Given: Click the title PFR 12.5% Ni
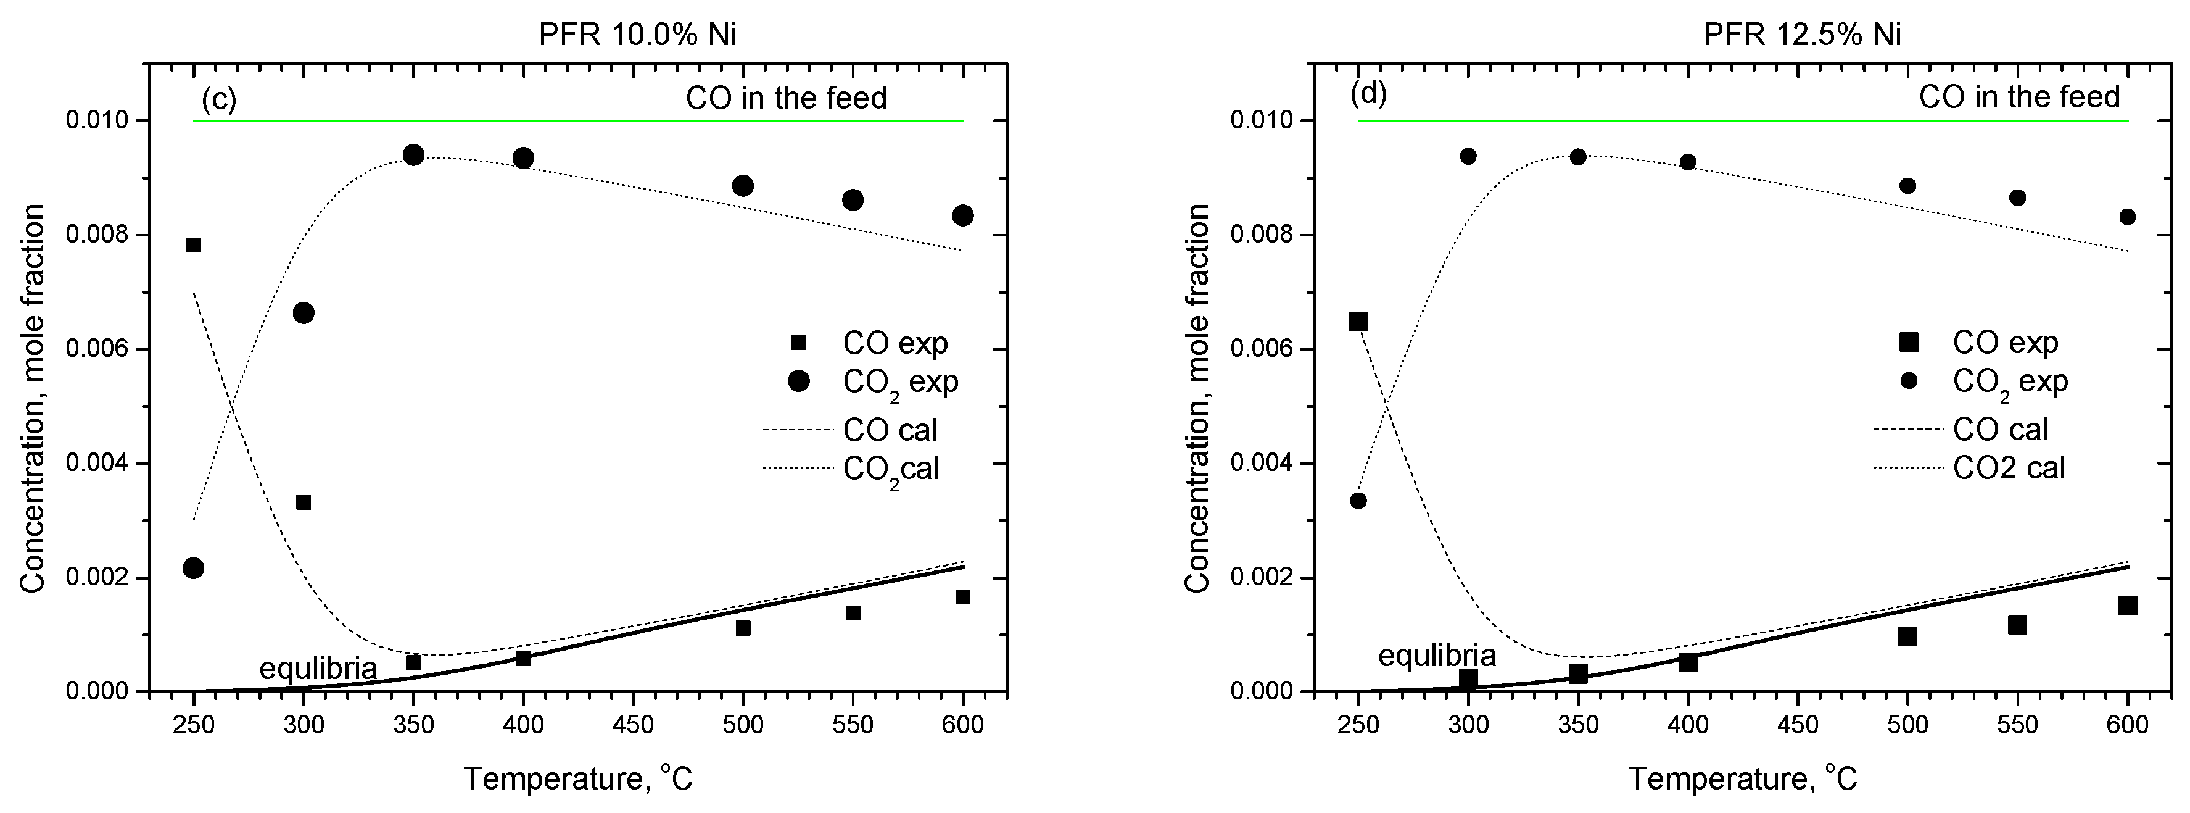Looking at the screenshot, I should (1803, 35).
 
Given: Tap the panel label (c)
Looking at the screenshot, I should (218, 99).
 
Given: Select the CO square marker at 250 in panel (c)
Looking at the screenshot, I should (194, 245).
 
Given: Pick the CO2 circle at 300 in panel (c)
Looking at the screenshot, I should (304, 313).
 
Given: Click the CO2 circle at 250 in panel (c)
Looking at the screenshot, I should (194, 568).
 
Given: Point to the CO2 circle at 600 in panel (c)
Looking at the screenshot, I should (963, 215).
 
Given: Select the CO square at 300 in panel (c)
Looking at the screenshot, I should (304, 502).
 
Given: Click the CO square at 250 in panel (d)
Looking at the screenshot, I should (1358, 322).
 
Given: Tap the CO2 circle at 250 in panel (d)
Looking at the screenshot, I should (1358, 501).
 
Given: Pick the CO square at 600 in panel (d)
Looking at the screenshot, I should (2128, 606).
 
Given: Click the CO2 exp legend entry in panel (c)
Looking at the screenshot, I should (899, 383).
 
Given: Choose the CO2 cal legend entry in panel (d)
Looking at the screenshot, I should (2008, 468).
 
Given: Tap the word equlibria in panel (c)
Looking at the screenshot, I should (318, 669).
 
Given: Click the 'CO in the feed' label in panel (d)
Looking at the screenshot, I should (2019, 97).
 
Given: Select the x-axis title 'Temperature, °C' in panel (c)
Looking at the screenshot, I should (578, 779).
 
